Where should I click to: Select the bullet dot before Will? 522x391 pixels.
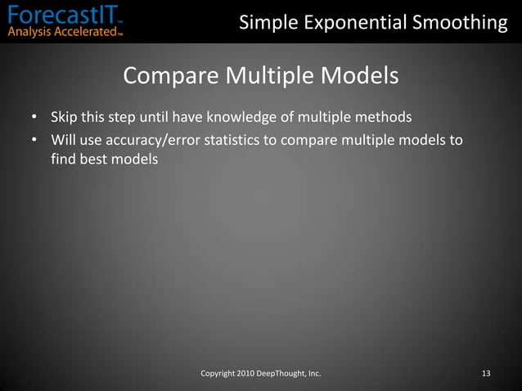tap(35, 141)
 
